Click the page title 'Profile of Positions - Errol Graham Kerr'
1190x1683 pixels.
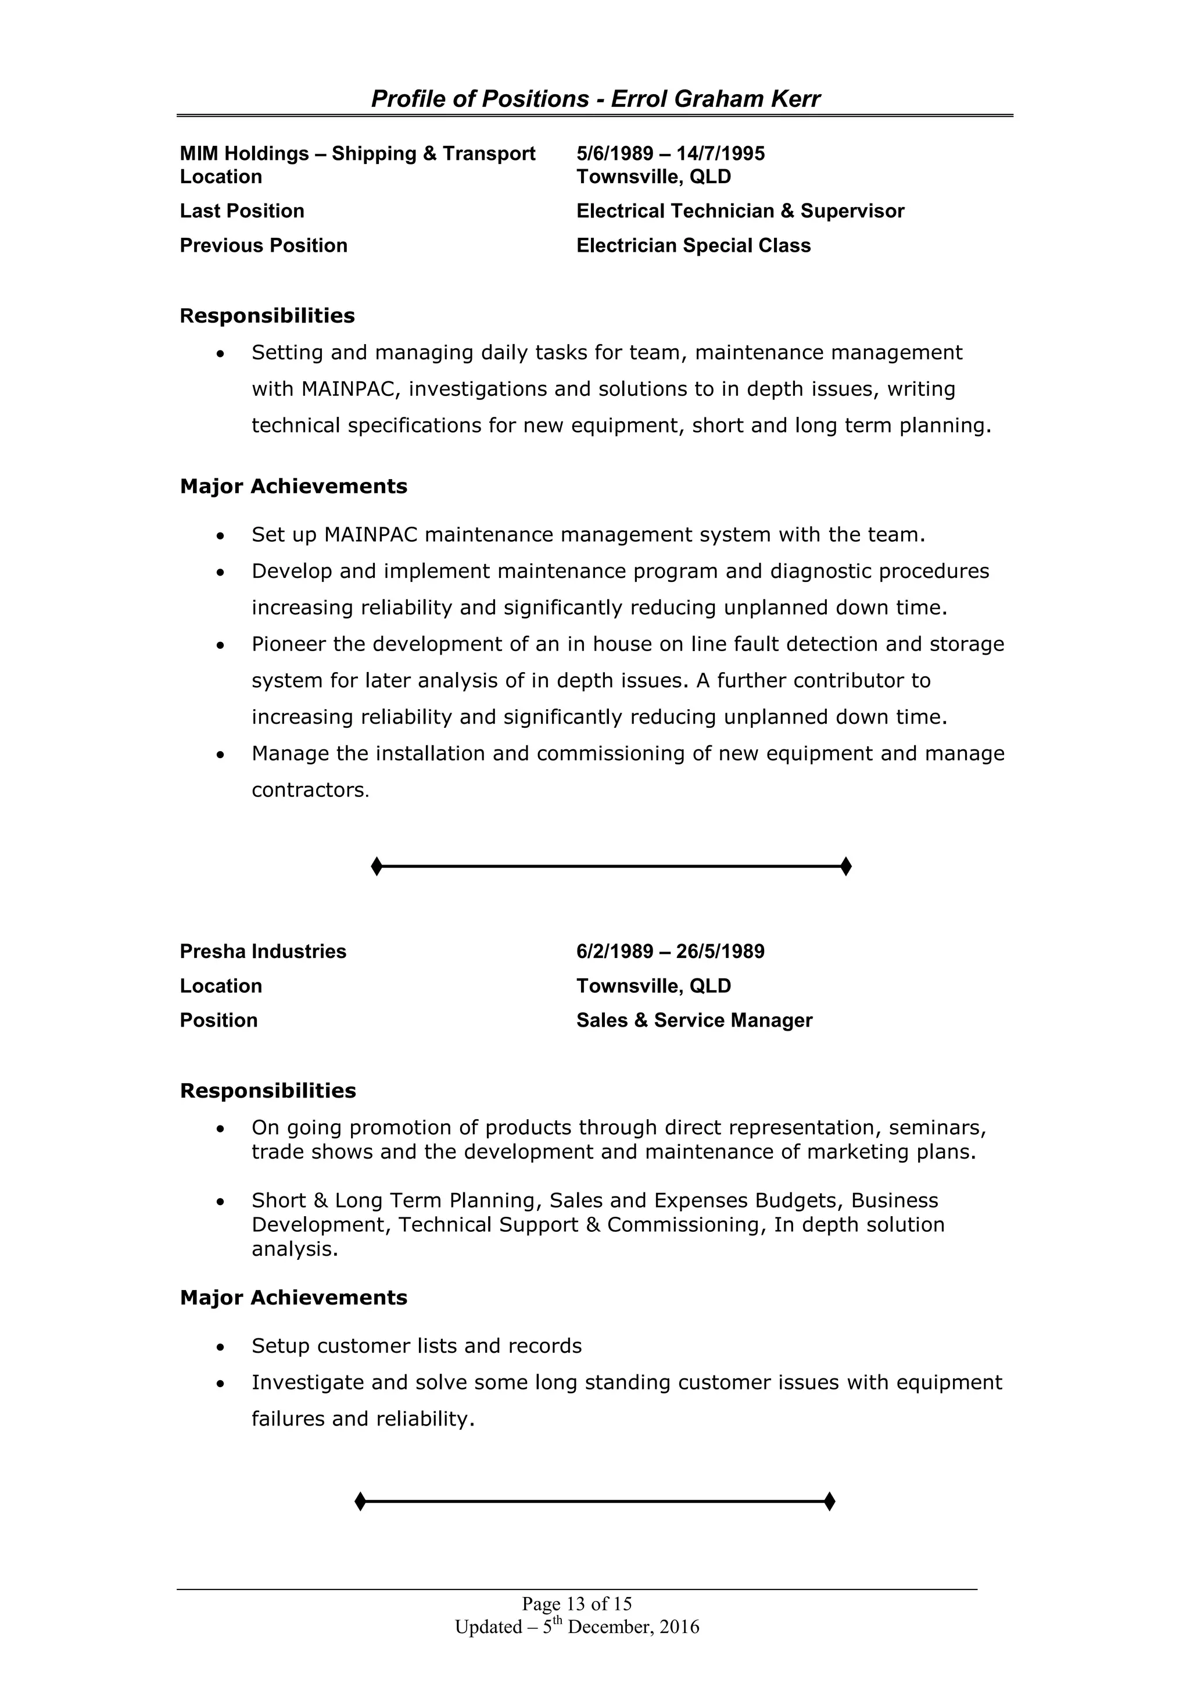(595, 99)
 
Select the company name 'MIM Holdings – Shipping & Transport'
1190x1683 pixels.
(357, 154)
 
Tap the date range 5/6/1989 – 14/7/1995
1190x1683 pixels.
(670, 154)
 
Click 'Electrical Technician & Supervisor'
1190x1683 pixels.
(740, 211)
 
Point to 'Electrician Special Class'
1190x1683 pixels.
(693, 245)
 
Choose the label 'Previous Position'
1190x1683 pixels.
(263, 245)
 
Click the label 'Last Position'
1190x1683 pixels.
(242, 211)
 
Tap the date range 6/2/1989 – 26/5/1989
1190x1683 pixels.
(670, 952)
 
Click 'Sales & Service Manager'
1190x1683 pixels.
(694, 1020)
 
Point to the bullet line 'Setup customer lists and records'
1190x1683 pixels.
(416, 1346)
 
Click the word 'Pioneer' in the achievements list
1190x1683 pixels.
(289, 644)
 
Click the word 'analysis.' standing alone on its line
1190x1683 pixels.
(295, 1249)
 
